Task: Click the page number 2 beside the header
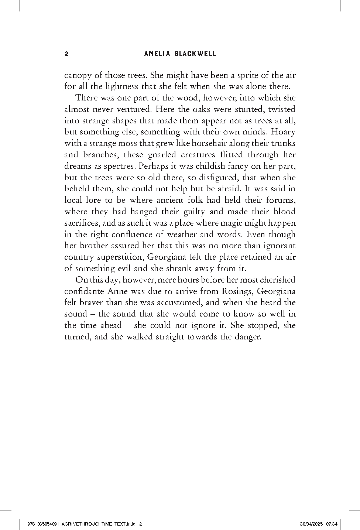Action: click(66, 54)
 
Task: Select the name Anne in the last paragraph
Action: click(118, 291)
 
